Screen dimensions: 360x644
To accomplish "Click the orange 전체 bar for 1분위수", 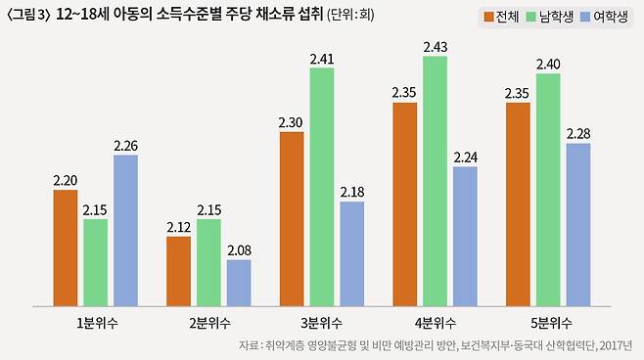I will click(x=66, y=247).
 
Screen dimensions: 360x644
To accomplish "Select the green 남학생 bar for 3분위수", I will click(x=322, y=186).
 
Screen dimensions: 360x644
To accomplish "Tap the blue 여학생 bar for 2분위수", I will click(x=239, y=282).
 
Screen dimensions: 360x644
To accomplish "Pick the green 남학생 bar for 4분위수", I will click(x=436, y=180).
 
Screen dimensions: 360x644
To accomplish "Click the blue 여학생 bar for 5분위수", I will click(x=578, y=223).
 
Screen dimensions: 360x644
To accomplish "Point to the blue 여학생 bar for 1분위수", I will click(x=125, y=229).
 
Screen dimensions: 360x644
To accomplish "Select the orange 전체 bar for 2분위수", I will click(x=179, y=270).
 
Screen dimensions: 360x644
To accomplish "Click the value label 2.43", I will click(x=436, y=47).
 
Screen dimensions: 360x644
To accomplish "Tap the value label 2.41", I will click(x=322, y=59).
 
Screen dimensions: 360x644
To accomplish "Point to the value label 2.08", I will click(x=239, y=250).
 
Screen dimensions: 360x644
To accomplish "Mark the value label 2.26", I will click(x=125, y=146).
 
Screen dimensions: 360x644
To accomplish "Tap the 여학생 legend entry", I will click(x=604, y=17).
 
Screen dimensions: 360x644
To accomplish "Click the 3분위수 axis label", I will click(x=322, y=323).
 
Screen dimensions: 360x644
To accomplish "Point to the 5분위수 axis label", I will click(x=548, y=323).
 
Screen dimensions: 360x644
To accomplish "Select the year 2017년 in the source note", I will click(x=617, y=346).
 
